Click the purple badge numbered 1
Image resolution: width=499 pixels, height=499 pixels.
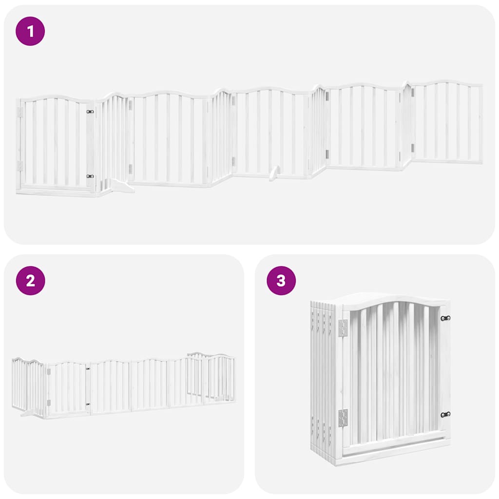(x=30, y=31)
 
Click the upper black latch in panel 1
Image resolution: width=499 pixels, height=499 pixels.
(x=90, y=112)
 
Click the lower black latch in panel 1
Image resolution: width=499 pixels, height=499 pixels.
(x=90, y=176)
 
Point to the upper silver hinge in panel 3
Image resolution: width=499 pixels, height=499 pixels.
(x=343, y=327)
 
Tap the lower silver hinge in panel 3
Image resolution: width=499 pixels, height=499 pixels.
(x=343, y=418)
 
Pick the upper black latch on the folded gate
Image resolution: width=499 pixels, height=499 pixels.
(x=445, y=318)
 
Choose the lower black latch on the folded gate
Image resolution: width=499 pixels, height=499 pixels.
(x=445, y=415)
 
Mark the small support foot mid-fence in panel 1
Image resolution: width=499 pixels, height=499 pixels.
(x=274, y=173)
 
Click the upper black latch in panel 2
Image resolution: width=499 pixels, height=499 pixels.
(x=88, y=369)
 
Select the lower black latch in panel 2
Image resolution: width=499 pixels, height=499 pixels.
(x=88, y=404)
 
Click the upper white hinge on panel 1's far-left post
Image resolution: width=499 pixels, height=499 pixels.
(x=20, y=112)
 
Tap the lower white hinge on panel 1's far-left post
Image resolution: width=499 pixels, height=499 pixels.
(x=20, y=166)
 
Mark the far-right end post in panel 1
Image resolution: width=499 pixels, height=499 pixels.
(x=480, y=124)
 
